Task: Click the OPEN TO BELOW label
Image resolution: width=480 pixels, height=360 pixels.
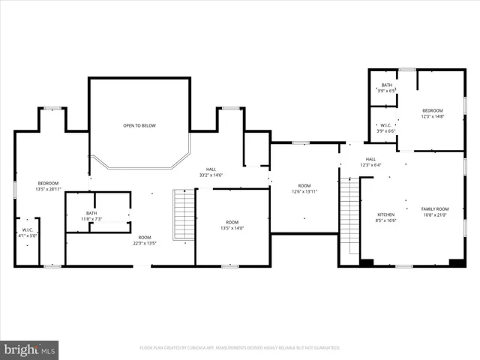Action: [x=139, y=125]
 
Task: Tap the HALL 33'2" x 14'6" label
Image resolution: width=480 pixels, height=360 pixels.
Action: [x=211, y=172]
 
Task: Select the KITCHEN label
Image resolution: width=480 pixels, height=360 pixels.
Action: [x=385, y=217]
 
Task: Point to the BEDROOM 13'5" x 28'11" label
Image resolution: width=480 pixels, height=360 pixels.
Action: [x=48, y=186]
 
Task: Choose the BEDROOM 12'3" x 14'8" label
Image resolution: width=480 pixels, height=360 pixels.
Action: [x=433, y=112]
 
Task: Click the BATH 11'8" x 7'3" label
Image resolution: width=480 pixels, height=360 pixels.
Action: [x=91, y=216]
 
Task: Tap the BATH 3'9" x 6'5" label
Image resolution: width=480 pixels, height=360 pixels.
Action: [x=386, y=88]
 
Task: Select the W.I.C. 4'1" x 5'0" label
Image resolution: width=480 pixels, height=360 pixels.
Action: [x=27, y=232]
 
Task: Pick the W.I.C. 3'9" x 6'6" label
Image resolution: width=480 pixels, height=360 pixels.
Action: [x=385, y=127]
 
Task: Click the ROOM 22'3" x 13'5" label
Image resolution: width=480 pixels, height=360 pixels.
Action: [x=144, y=240]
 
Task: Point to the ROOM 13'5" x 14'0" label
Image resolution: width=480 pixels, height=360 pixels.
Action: [x=231, y=225]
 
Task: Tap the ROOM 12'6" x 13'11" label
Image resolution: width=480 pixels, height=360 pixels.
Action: [x=304, y=189]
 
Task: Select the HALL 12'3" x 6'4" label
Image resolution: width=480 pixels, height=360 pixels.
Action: [x=370, y=162]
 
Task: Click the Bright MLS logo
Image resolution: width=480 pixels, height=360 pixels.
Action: [x=29, y=349]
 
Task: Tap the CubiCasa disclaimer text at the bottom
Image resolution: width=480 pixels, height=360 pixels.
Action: [x=240, y=348]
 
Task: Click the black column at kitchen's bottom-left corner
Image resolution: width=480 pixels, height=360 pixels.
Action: [x=367, y=262]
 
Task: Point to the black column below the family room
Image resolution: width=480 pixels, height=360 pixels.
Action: [x=455, y=262]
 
